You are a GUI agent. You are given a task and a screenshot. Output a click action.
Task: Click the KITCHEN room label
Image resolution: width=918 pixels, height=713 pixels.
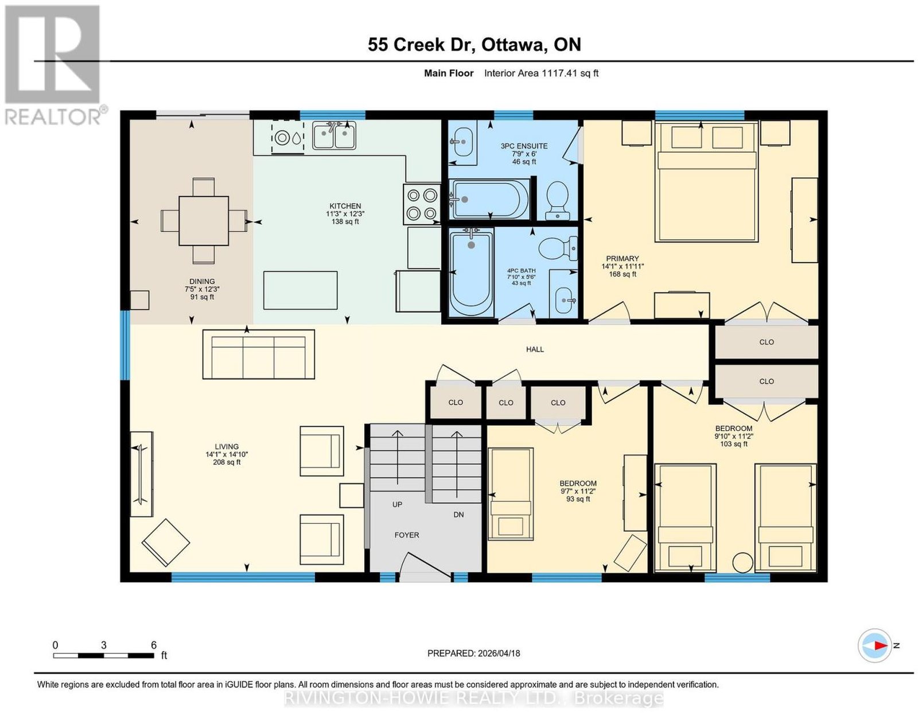pyautogui.click(x=345, y=206)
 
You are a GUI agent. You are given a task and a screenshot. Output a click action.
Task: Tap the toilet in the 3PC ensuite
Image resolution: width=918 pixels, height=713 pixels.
pyautogui.click(x=557, y=201)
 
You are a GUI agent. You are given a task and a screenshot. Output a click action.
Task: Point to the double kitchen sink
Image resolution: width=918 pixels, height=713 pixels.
pyautogui.click(x=334, y=135)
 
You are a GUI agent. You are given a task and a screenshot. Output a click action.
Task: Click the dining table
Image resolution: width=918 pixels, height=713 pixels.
pyautogui.click(x=204, y=220)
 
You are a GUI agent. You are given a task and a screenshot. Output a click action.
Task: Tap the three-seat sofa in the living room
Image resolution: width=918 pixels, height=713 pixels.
pyautogui.click(x=259, y=354)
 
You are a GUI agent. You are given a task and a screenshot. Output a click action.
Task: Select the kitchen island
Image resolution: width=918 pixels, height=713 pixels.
pyautogui.click(x=301, y=290)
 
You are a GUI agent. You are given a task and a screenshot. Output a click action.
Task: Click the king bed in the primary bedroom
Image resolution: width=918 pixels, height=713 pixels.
pyautogui.click(x=706, y=181)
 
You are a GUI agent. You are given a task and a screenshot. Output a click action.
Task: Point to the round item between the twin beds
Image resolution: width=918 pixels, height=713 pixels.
pyautogui.click(x=742, y=563)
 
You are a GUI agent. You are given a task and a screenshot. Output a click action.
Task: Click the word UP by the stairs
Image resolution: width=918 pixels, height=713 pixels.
pyautogui.click(x=397, y=504)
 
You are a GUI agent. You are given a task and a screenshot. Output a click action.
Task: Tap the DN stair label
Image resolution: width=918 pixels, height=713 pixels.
pyautogui.click(x=458, y=515)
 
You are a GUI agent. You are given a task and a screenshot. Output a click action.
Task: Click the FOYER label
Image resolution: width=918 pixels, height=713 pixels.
pyautogui.click(x=406, y=535)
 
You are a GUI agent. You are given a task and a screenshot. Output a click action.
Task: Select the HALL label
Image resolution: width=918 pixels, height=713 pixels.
pyautogui.click(x=535, y=349)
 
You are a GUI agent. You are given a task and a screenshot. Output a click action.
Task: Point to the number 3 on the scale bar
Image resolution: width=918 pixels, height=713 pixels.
pyautogui.click(x=103, y=645)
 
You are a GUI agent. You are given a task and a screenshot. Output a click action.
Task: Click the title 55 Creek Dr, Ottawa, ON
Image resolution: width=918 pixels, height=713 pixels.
pyautogui.click(x=474, y=45)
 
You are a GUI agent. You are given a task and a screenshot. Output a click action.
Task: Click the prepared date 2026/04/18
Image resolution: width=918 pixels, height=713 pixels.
pyautogui.click(x=499, y=653)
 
